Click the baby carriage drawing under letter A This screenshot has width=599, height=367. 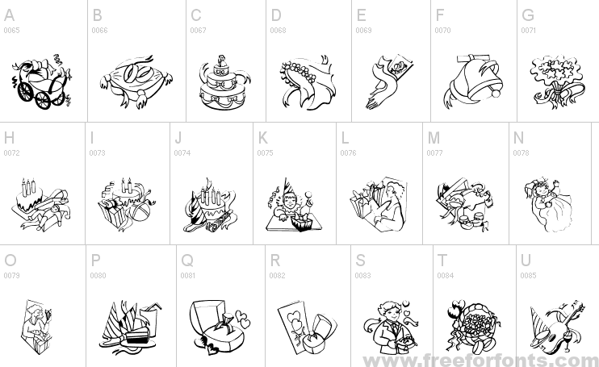pyautogui.click(x=41, y=82)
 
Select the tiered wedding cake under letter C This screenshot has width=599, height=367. pyautogui.click(x=224, y=83)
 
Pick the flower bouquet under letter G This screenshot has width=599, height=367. pyautogui.click(x=557, y=82)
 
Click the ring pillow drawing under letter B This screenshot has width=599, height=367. pyautogui.click(x=136, y=81)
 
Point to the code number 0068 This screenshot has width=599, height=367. pyautogui.click(x=278, y=30)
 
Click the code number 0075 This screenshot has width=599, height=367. pyautogui.click(x=265, y=153)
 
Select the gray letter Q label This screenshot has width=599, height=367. pyautogui.click(x=187, y=261)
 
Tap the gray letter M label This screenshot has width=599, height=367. pyautogui.click(x=434, y=138)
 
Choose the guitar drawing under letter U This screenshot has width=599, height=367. pyautogui.click(x=557, y=327)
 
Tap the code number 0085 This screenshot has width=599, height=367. pyautogui.click(x=528, y=275)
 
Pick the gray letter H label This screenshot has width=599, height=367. pyautogui.click(x=9, y=138)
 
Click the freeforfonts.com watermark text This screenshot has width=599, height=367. pyautogui.click(x=481, y=360)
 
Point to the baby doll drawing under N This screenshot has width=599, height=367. pyautogui.click(x=548, y=205)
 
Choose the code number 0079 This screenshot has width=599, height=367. pyautogui.click(x=11, y=275)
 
